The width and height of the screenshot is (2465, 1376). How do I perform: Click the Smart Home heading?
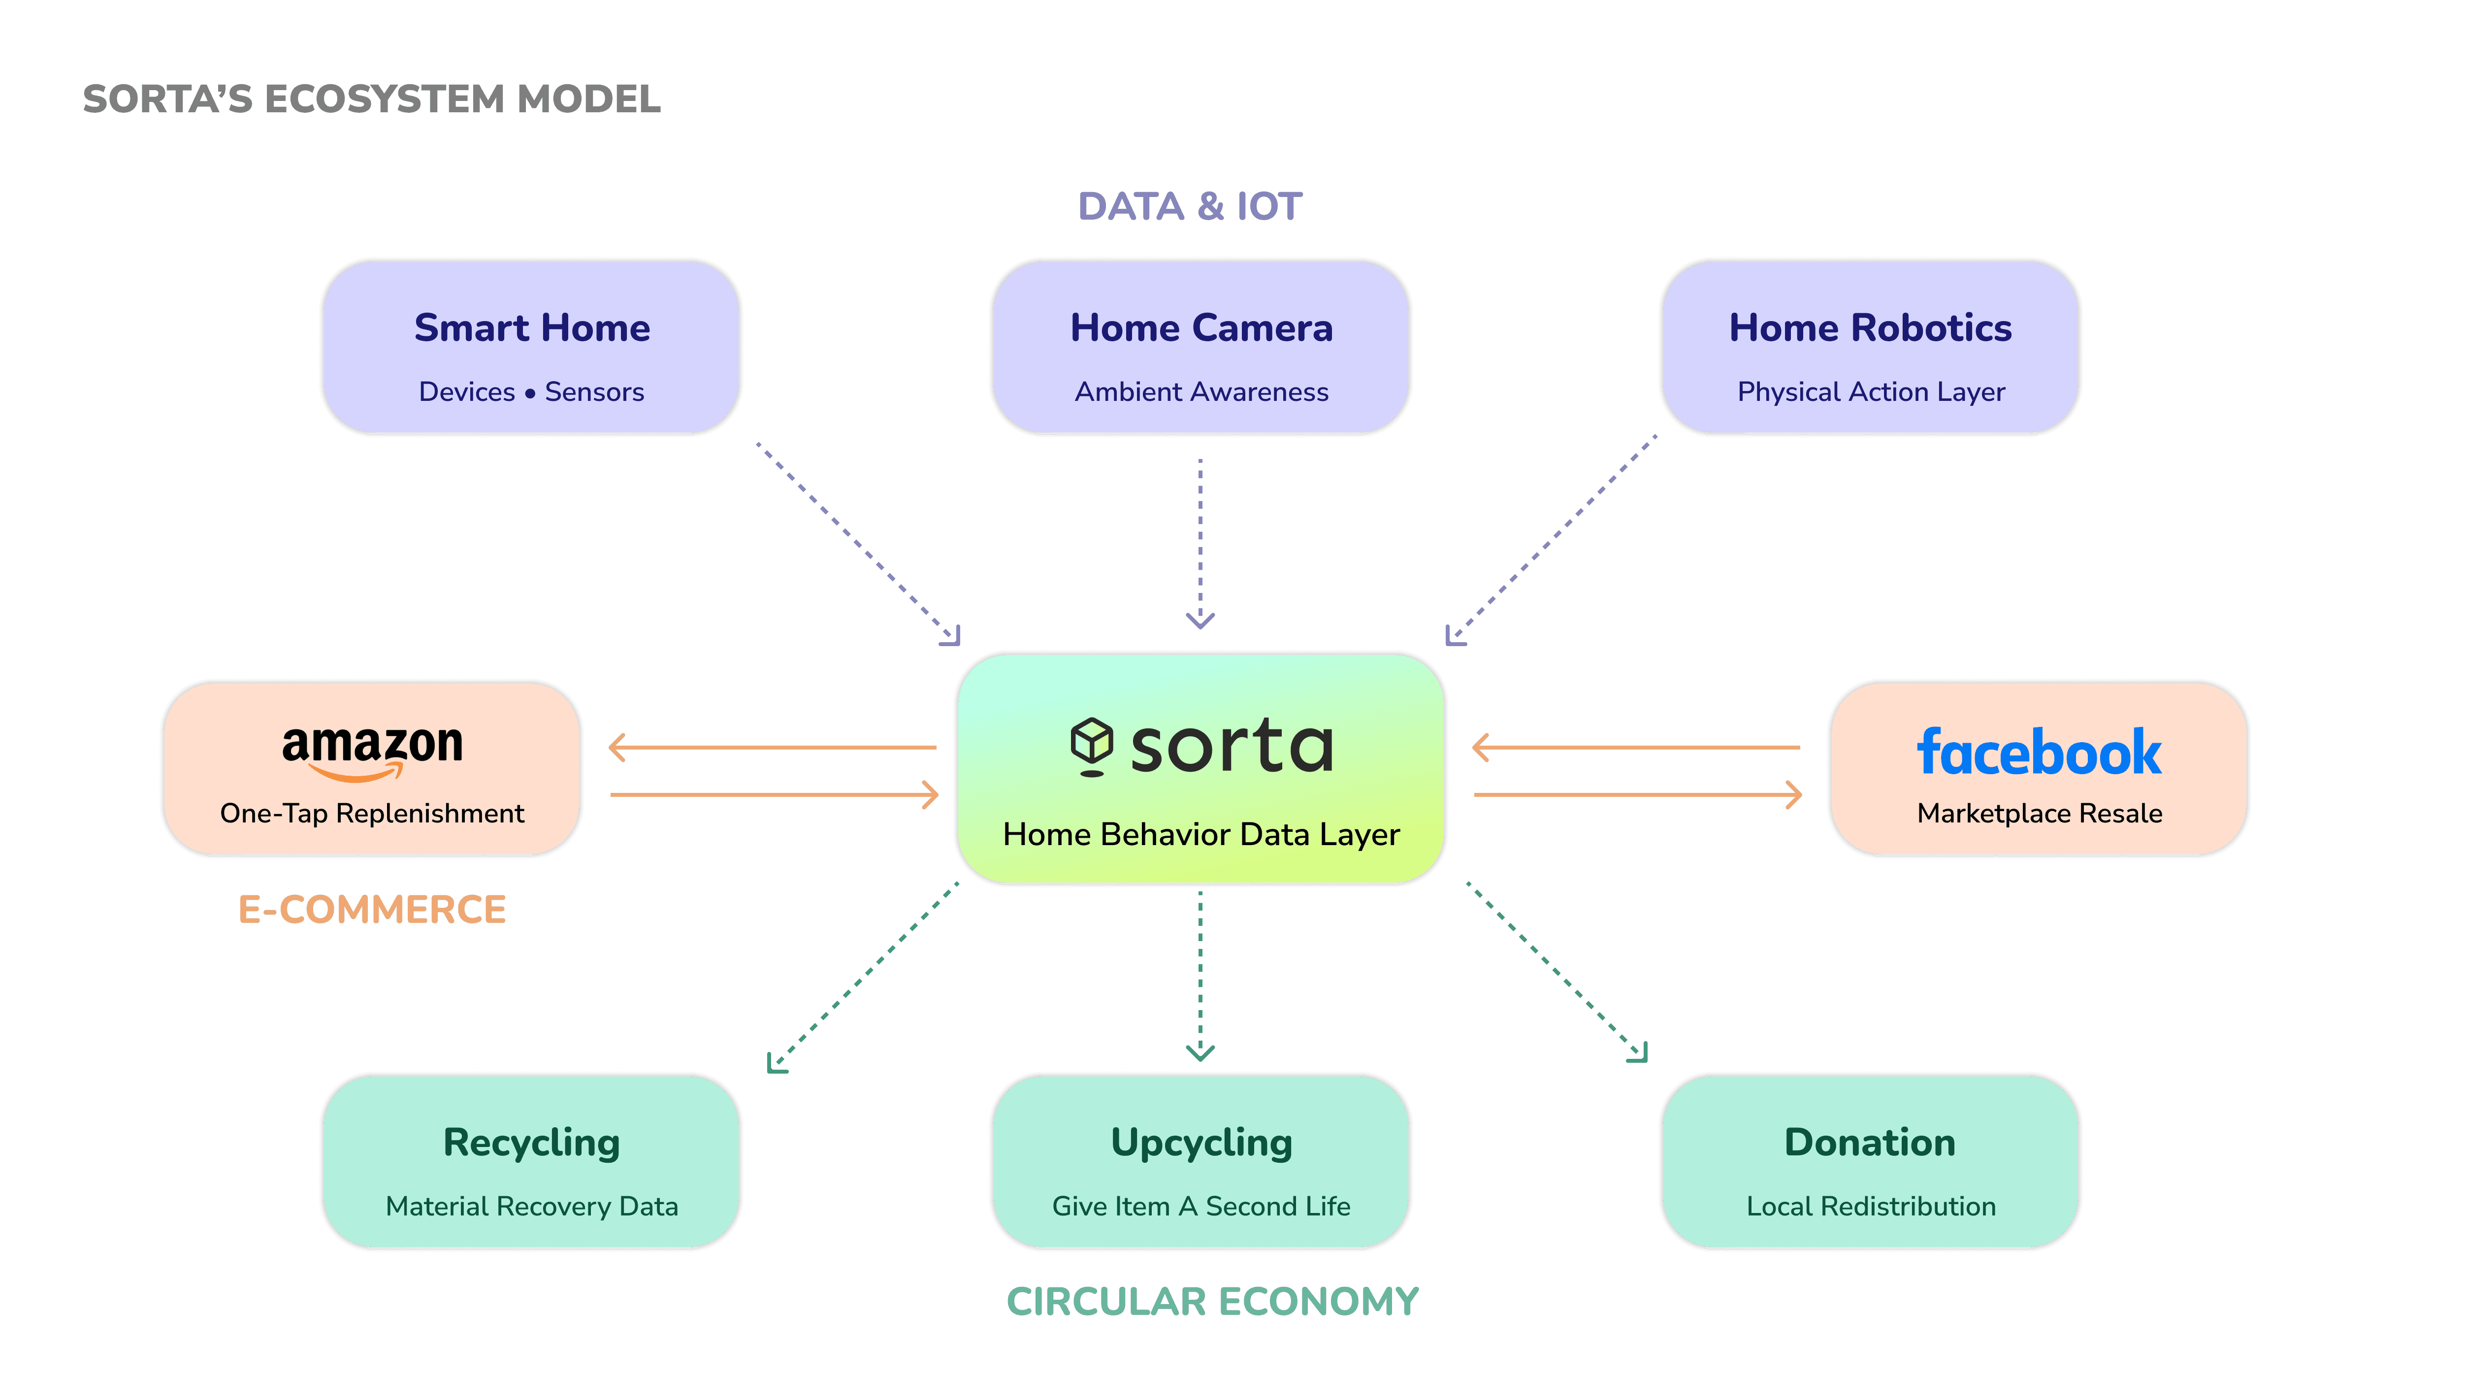point(532,328)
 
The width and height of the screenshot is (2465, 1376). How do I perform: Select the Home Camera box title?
point(1201,328)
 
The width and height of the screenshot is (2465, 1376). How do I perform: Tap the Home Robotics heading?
point(1870,328)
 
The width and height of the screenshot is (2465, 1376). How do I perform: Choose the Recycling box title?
point(532,1143)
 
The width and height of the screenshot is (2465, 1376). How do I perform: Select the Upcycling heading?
point(1201,1143)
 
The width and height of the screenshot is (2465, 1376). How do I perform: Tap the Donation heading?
point(1870,1143)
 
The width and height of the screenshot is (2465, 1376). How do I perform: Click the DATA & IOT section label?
point(1190,207)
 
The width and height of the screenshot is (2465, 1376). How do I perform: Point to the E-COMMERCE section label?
point(372,909)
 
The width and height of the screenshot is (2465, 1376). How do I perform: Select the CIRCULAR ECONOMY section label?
point(1212,1301)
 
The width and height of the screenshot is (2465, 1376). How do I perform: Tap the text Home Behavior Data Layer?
point(1201,834)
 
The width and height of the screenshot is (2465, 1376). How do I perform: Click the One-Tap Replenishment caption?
point(372,814)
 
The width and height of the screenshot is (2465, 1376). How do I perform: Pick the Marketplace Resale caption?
point(2039,814)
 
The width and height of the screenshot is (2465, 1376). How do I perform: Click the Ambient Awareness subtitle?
point(1201,393)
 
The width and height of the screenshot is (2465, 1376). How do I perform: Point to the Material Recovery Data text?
point(532,1207)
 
